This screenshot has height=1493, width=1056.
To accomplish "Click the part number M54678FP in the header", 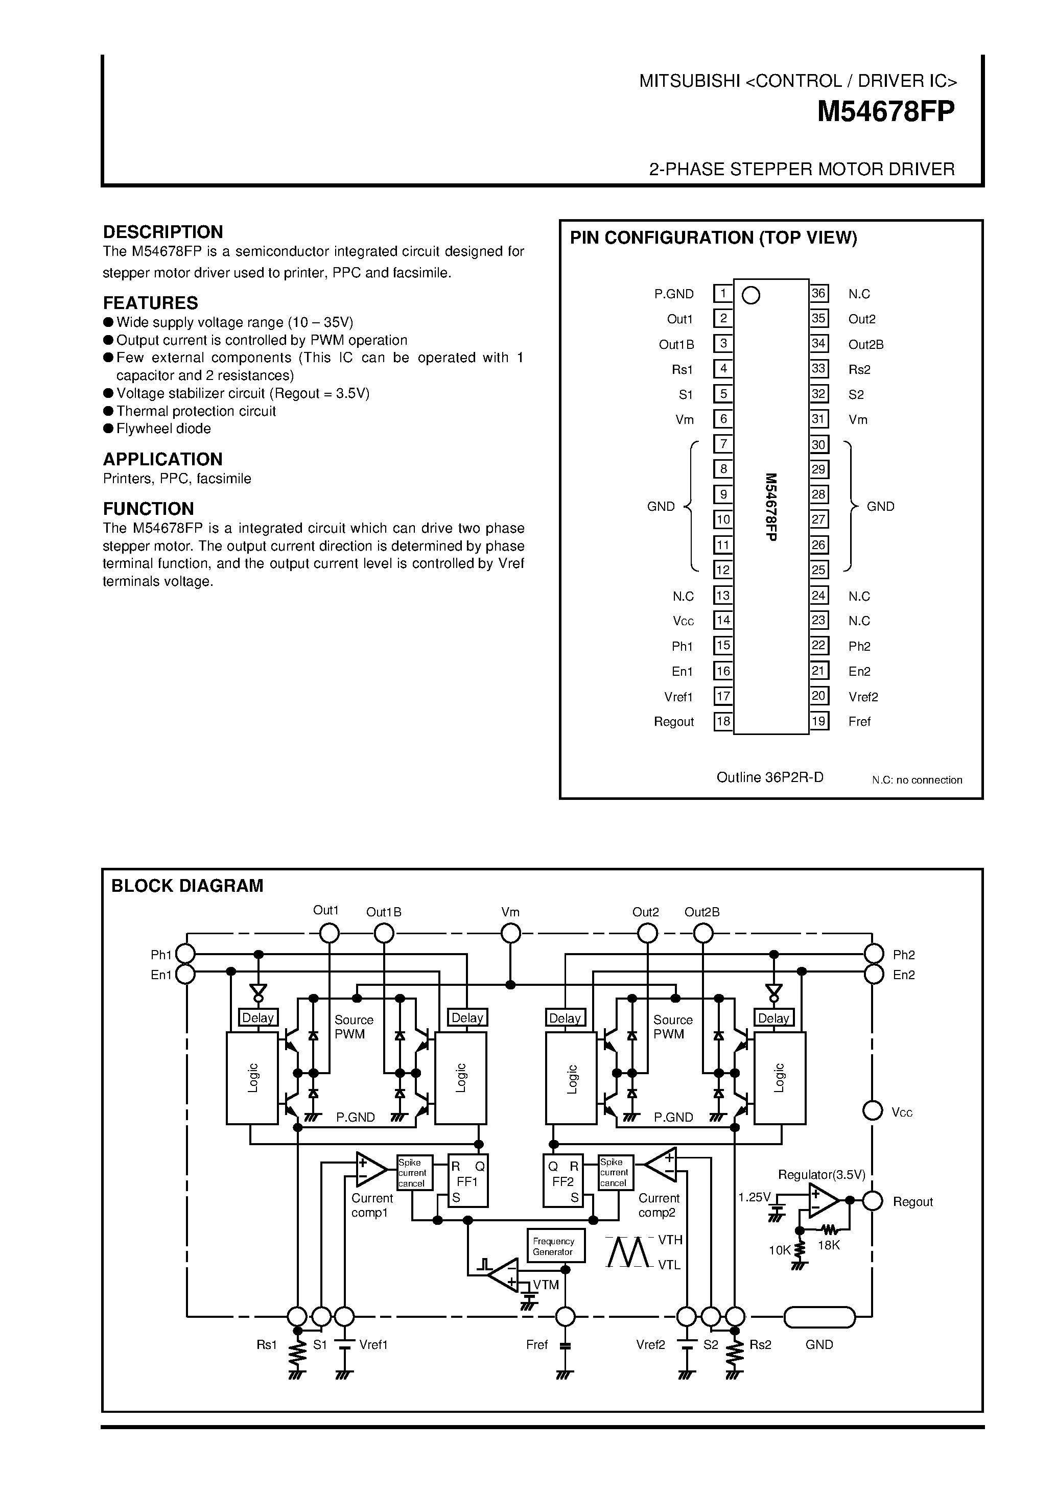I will [x=886, y=112].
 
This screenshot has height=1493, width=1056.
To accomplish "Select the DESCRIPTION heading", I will [x=162, y=232].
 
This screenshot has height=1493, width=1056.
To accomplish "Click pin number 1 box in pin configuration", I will [x=722, y=294].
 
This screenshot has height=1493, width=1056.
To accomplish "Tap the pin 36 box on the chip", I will [x=818, y=293].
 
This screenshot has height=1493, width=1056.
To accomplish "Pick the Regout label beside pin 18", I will [x=674, y=722].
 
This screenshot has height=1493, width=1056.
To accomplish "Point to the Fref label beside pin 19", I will [x=859, y=721].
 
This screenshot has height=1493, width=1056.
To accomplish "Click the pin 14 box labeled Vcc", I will [x=722, y=621].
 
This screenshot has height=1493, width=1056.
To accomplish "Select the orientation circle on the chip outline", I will [x=751, y=296].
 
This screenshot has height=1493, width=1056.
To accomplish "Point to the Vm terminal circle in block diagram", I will [x=510, y=934].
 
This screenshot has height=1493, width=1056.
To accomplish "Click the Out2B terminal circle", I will [x=703, y=934].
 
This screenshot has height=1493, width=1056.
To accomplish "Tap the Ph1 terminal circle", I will [x=186, y=954].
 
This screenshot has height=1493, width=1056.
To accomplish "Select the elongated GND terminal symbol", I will [x=819, y=1317].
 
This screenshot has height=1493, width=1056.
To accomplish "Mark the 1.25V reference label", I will [x=754, y=1197].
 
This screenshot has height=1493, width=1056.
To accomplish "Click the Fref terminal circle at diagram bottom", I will [x=565, y=1317].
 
